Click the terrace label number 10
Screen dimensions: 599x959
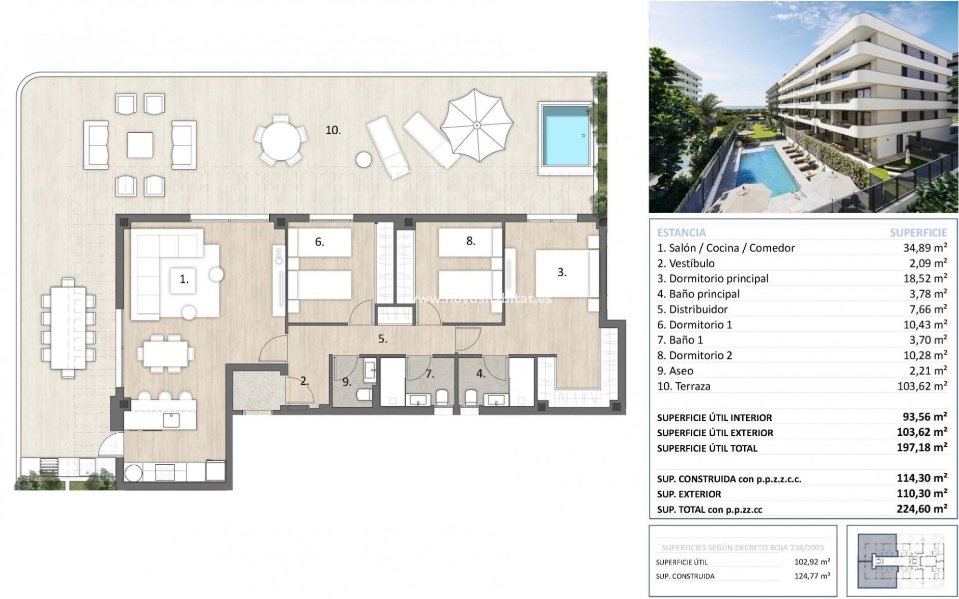point(333,131)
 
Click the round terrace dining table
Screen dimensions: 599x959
point(280,140)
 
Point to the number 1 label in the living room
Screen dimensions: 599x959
point(184,280)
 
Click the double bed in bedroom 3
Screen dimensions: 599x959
point(562,273)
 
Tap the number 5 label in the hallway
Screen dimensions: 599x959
point(383,339)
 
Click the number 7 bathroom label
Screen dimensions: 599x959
point(429,373)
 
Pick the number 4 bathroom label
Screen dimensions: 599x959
point(480,373)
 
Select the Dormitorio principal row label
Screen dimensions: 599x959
point(713,279)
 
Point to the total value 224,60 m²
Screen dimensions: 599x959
point(922,509)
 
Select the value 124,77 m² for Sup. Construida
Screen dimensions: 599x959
point(812,576)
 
